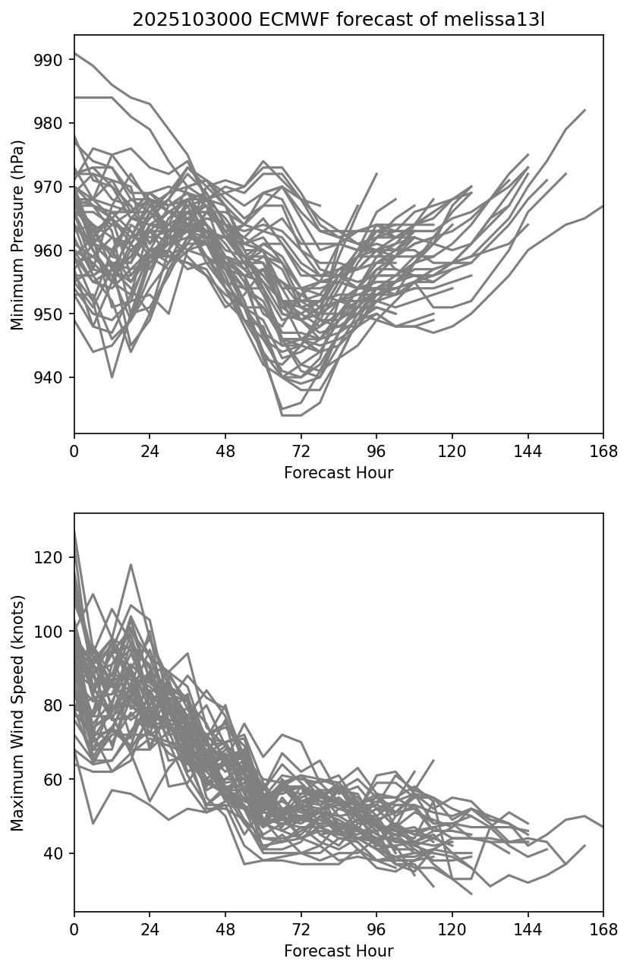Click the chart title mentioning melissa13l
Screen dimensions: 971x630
pyautogui.click(x=339, y=20)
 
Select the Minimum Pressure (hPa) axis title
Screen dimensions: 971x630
pyautogui.click(x=18, y=235)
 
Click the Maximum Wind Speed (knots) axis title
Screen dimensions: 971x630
pyautogui.click(x=18, y=712)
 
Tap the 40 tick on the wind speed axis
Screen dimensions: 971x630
pyautogui.click(x=58, y=853)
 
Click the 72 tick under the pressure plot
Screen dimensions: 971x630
pyautogui.click(x=301, y=452)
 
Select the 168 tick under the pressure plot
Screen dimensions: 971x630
pyautogui.click(x=603, y=452)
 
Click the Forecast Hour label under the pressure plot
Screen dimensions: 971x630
pyautogui.click(x=339, y=473)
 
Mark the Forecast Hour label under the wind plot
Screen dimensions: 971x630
pyautogui.click(x=339, y=951)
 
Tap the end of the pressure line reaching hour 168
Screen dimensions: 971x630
pyautogui.click(x=603, y=206)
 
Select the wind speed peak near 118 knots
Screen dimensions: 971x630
pyautogui.click(x=131, y=565)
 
